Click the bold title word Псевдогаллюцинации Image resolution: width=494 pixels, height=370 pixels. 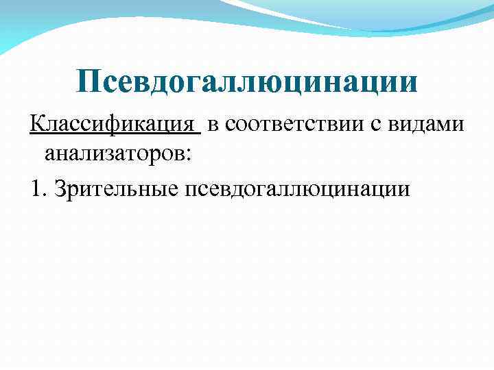click(247, 82)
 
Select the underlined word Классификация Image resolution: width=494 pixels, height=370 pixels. click(113, 125)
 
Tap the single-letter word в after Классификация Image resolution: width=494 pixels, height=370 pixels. click(213, 125)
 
